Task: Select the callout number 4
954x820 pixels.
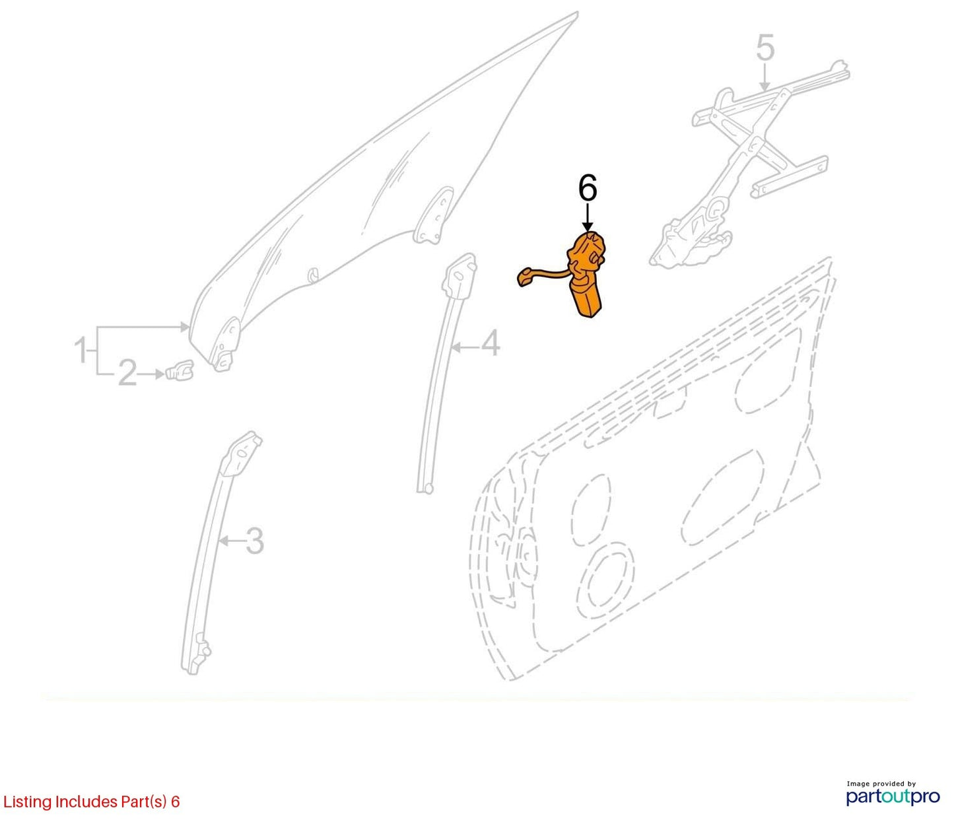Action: (490, 343)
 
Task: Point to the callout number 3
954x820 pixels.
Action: (254, 541)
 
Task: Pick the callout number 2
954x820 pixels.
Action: (128, 373)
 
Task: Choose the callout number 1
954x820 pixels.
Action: (81, 350)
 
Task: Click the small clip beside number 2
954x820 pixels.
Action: (180, 370)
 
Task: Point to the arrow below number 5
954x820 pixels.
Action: (765, 77)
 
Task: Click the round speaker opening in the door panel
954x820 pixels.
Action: (605, 582)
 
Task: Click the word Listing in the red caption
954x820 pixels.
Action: (27, 802)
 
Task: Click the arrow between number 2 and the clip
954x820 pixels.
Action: (151, 374)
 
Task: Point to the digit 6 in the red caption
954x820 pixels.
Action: (175, 802)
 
